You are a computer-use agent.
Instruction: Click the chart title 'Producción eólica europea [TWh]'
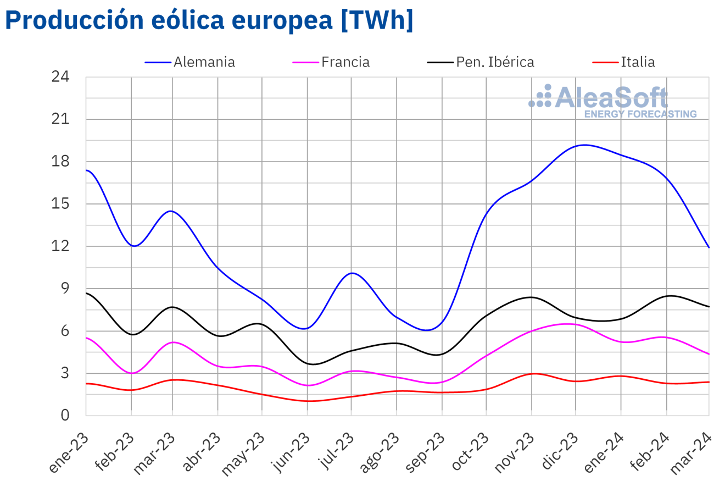click(209, 20)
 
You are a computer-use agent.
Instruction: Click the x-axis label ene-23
click(69, 453)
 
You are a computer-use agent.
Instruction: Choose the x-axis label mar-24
click(692, 453)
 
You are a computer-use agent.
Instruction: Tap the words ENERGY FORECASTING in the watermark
click(640, 114)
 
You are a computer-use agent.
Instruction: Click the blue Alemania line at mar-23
click(172, 211)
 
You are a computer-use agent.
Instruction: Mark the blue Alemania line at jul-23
click(352, 273)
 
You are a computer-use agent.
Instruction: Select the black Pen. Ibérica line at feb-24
click(667, 296)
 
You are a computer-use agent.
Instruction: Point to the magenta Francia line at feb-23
click(131, 373)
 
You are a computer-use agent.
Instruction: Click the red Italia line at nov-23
click(532, 374)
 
